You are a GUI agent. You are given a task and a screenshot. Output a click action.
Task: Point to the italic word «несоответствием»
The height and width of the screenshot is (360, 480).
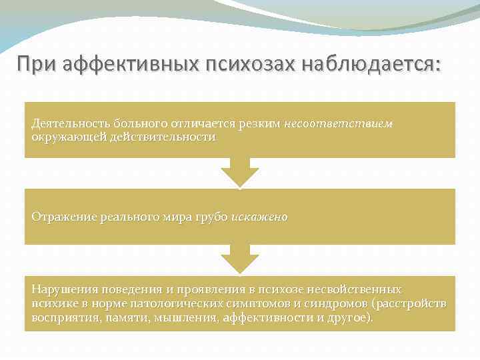pyautogui.click(x=339, y=123)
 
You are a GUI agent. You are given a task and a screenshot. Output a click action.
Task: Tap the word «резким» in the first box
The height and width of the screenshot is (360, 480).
pyautogui.click(x=260, y=123)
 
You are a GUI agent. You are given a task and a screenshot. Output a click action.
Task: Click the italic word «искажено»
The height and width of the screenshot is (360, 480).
pyautogui.click(x=260, y=217)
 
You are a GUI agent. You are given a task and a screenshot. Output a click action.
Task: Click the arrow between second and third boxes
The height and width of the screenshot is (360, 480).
pyautogui.click(x=239, y=259)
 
